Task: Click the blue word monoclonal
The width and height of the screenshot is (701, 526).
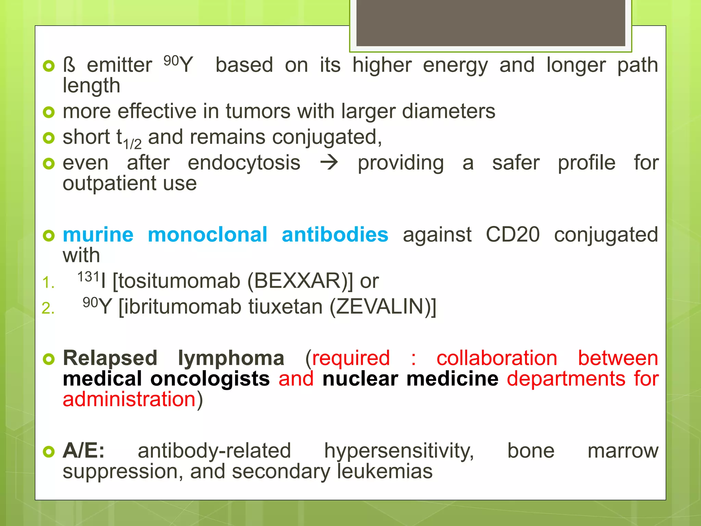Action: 207,235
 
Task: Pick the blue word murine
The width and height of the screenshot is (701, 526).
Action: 98,235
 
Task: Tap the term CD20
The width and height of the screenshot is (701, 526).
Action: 512,235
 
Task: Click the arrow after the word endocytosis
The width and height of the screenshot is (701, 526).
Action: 329,163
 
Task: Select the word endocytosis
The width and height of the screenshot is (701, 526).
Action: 244,163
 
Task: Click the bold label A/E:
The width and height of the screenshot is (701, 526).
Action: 84,451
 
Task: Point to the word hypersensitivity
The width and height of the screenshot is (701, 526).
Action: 399,451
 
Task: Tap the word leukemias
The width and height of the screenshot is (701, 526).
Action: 385,472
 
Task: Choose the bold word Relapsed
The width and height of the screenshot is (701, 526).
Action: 110,358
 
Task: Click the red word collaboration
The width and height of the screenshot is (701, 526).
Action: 497,358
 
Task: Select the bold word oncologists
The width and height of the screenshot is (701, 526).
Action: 210,379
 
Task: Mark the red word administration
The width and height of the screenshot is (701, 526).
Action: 129,400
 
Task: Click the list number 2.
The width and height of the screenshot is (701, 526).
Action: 48,308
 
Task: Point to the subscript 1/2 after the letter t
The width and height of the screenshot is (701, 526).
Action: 132,144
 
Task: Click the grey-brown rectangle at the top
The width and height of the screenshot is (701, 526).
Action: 490,23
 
